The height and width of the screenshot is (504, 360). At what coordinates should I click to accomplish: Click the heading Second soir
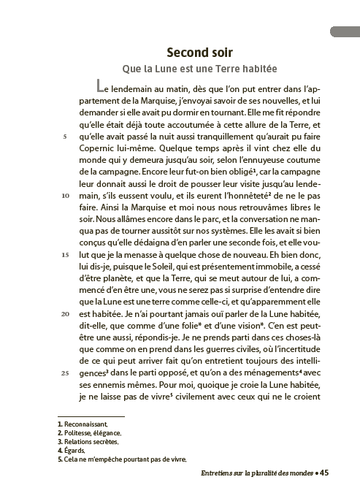click(x=200, y=53)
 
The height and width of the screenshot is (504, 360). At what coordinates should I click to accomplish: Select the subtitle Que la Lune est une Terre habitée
click(x=200, y=69)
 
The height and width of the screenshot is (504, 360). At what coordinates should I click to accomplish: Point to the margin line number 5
click(x=66, y=136)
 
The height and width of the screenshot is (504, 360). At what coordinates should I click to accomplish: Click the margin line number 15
click(x=65, y=254)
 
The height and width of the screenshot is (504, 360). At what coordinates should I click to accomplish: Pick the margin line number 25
click(x=65, y=373)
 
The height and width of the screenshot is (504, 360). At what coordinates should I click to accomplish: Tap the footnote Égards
click(x=91, y=451)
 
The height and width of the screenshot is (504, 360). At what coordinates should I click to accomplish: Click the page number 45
click(x=326, y=473)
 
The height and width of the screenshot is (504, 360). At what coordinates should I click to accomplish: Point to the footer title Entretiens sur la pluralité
click(x=248, y=473)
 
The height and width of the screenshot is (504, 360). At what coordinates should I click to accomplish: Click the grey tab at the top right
click(x=344, y=31)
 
